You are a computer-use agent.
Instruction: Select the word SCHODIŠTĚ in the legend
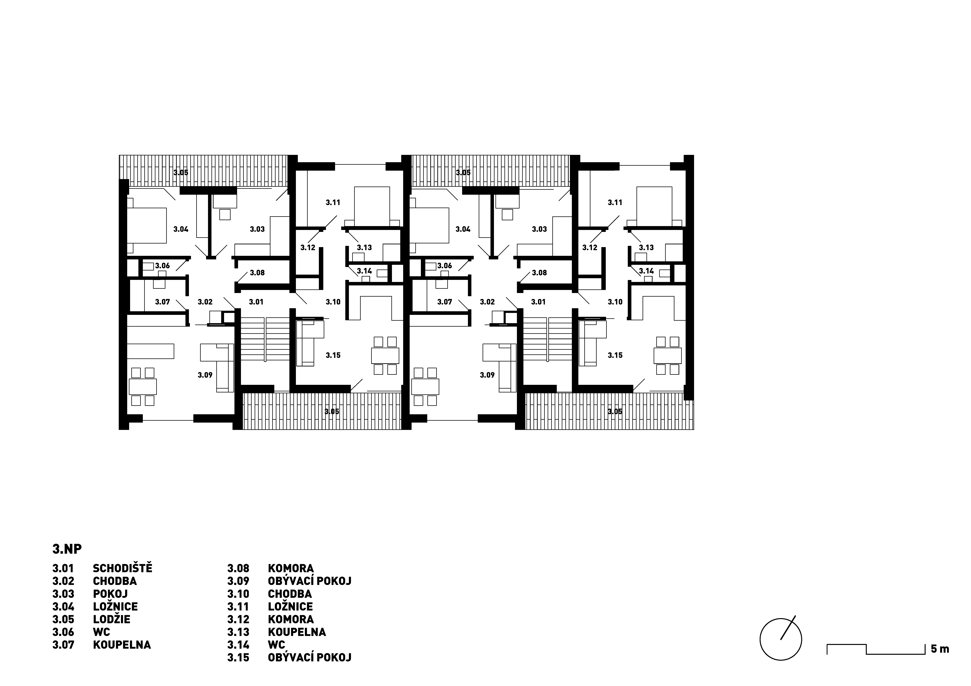tap(122, 568)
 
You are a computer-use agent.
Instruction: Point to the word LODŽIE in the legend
tap(112, 619)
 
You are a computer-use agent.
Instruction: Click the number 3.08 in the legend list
tap(238, 568)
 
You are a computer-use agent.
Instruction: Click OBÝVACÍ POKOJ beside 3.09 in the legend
tap(310, 581)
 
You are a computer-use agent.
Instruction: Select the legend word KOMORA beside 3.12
tap(291, 619)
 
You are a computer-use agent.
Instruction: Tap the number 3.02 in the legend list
tap(63, 581)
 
